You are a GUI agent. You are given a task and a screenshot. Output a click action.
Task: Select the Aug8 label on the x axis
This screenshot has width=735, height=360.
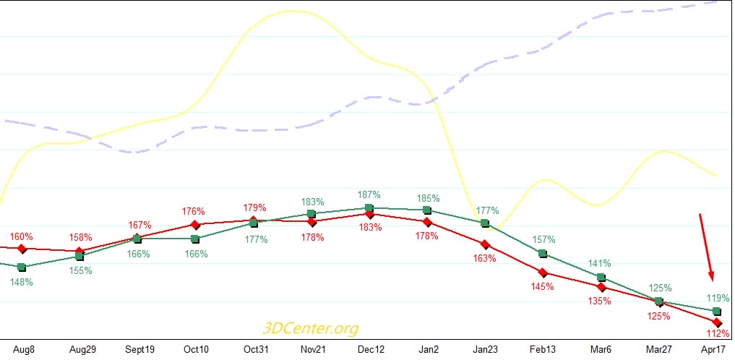(x=25, y=349)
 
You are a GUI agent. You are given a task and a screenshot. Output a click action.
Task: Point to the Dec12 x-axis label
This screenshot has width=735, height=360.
(x=371, y=349)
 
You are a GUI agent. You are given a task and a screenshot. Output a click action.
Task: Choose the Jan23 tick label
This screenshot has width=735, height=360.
(x=486, y=349)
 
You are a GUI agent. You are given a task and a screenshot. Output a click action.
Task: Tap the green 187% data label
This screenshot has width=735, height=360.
(x=369, y=195)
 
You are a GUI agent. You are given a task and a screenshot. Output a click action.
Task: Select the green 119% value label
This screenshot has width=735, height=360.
(x=718, y=298)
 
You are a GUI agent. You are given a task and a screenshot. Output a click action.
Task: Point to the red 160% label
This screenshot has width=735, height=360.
(x=21, y=236)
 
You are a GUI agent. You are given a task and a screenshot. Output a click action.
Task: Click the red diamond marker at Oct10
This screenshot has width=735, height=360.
(x=195, y=226)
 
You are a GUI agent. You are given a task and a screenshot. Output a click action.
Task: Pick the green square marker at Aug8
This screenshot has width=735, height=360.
(x=22, y=267)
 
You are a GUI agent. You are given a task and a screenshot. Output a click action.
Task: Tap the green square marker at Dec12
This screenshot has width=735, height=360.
(x=369, y=208)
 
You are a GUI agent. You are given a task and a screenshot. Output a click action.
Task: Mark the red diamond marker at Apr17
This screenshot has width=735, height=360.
(x=717, y=322)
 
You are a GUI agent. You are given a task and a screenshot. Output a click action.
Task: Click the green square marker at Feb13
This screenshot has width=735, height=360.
(x=543, y=253)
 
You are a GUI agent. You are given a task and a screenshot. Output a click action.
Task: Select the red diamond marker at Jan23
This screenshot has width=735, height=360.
(x=486, y=245)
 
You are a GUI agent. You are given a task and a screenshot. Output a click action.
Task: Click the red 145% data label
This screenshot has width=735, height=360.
(x=542, y=286)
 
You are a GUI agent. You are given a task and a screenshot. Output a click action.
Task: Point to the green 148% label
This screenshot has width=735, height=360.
(x=22, y=283)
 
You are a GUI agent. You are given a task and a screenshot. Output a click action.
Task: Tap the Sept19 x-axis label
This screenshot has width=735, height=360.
(x=139, y=349)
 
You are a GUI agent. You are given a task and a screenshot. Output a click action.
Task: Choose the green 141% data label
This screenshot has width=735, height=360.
(x=600, y=264)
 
